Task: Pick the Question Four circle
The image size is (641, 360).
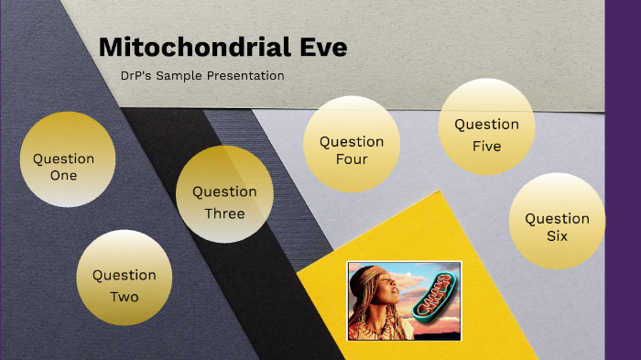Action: [x=352, y=149]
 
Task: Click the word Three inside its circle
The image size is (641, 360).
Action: [x=224, y=213]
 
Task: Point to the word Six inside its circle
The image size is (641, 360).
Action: [x=557, y=236]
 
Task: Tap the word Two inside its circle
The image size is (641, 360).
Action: [x=125, y=297]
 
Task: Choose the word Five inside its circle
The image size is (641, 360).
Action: [x=486, y=146]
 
